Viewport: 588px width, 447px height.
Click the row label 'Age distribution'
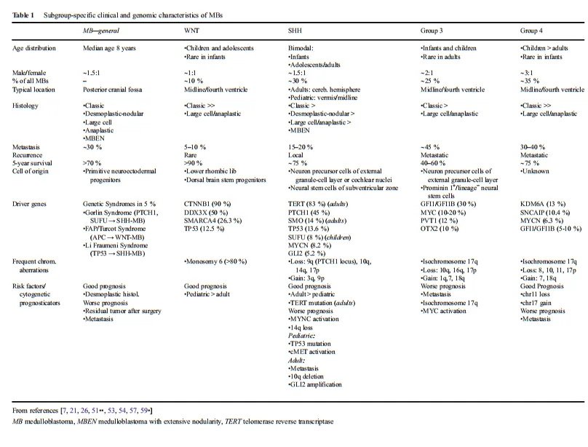tap(36, 48)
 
